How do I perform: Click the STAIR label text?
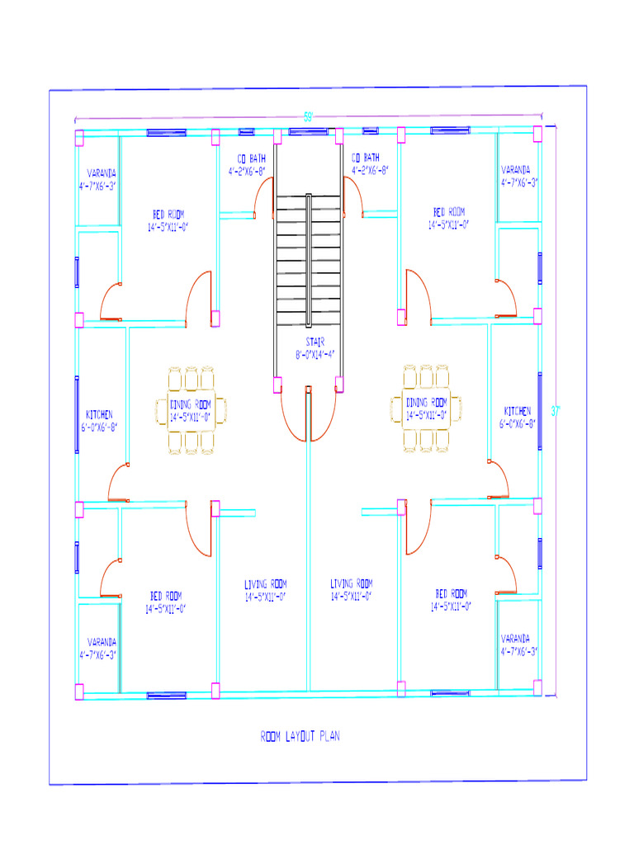point(315,341)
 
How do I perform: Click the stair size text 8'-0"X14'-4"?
point(315,354)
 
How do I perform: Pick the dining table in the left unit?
point(191,410)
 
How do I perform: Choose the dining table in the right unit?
point(426,408)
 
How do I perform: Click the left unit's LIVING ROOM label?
point(265,583)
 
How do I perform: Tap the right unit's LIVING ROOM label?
point(351,583)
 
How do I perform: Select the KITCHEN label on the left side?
point(99,414)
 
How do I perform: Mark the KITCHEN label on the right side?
point(518,410)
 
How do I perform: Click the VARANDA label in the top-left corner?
point(102,173)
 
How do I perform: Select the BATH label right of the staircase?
point(366,157)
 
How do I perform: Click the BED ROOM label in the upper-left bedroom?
point(168,214)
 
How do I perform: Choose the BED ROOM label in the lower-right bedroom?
point(452,593)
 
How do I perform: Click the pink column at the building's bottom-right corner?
point(537,687)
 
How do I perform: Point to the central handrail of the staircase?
point(309,260)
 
